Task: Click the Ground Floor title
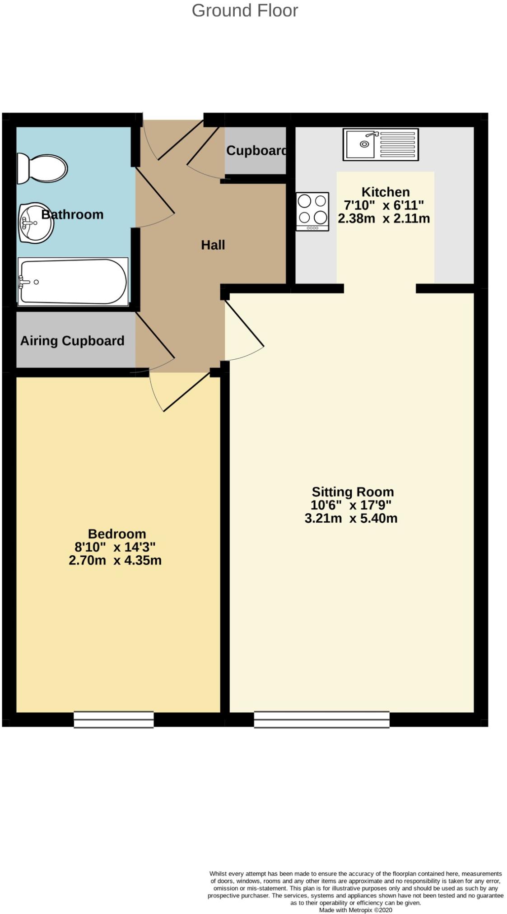pos(245,11)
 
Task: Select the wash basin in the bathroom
pos(36,223)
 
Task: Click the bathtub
pos(73,281)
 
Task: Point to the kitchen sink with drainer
pos(380,144)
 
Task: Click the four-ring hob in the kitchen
pos(312,211)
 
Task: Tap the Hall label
pos(213,245)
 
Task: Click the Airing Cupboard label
pos(72,341)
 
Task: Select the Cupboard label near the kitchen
pos(256,151)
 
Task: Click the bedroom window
pos(114,719)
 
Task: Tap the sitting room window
pos(321,719)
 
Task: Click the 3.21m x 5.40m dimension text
pos(351,518)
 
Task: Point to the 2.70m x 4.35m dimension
pos(115,561)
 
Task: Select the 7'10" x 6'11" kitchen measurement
pos(384,205)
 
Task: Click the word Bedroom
pos(117,534)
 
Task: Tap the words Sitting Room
pos(353,492)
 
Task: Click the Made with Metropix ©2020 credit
pos(355,910)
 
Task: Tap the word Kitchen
pos(386,192)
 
